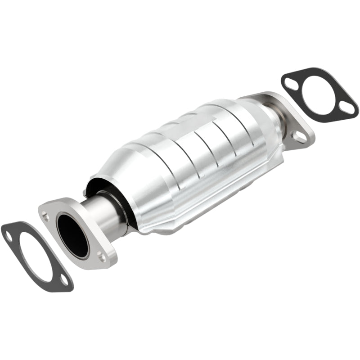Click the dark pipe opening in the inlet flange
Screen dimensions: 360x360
tap(72, 236)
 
